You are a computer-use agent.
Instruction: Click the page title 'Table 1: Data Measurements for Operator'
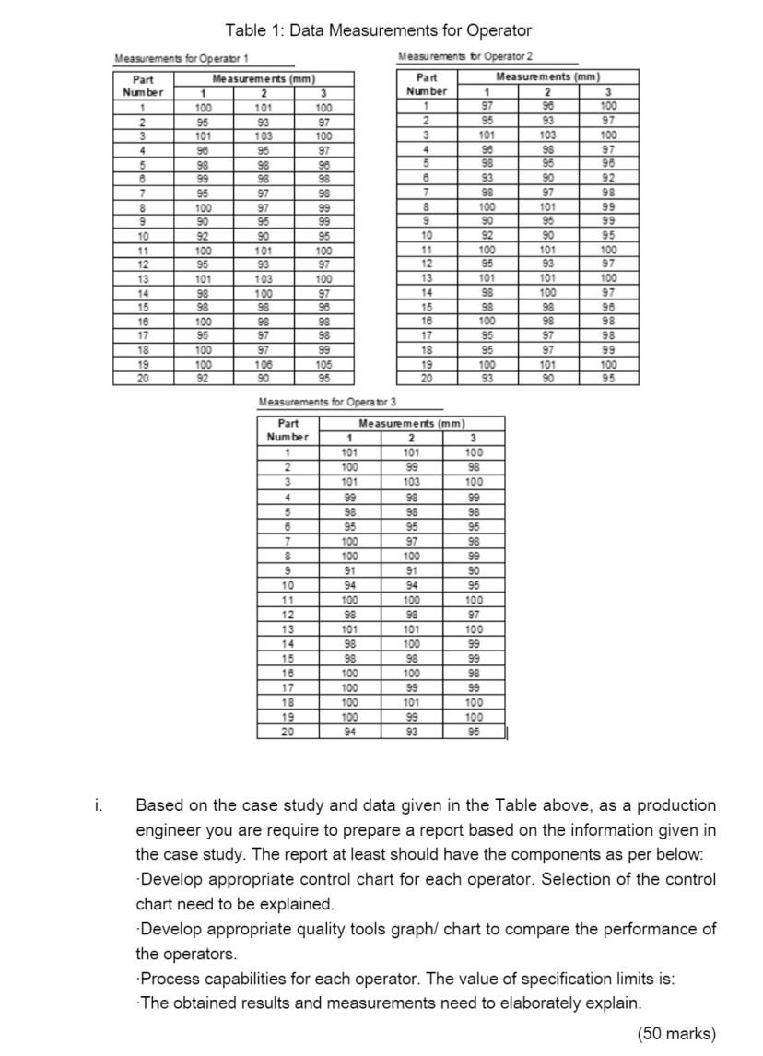pos(378,30)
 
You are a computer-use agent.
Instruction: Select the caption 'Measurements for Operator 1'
pos(174,59)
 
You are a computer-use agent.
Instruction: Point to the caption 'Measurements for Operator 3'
pos(328,403)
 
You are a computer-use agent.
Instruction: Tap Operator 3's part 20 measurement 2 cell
pos(411,733)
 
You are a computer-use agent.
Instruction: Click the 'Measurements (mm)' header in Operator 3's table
pos(411,423)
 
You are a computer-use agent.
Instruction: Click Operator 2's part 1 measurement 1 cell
pos(486,108)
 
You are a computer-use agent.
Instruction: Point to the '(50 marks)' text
pos(675,1033)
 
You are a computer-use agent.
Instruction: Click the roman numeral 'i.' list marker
pos(99,805)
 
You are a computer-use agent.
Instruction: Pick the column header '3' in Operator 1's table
pos(323,93)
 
